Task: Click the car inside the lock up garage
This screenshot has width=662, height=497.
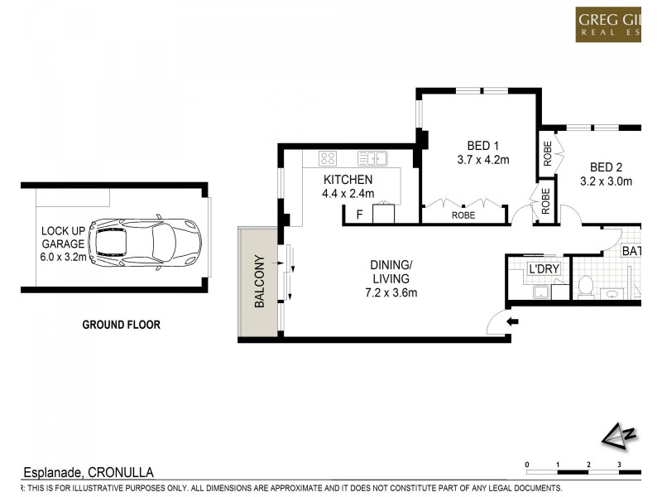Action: [144, 242]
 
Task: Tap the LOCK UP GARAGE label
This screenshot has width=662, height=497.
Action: [63, 244]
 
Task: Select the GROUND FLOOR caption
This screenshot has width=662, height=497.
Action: [121, 325]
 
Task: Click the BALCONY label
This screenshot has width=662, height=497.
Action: [259, 282]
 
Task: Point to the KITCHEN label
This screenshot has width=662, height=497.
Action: [348, 180]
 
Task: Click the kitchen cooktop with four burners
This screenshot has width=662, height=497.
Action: [328, 158]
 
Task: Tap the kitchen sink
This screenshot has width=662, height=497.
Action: [372, 158]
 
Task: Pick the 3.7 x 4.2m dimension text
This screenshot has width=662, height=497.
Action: [483, 160]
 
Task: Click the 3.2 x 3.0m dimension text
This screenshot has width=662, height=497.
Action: [606, 181]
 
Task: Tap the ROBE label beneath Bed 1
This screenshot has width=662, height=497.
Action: [463, 215]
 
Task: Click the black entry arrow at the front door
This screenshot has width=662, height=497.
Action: [512, 322]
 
